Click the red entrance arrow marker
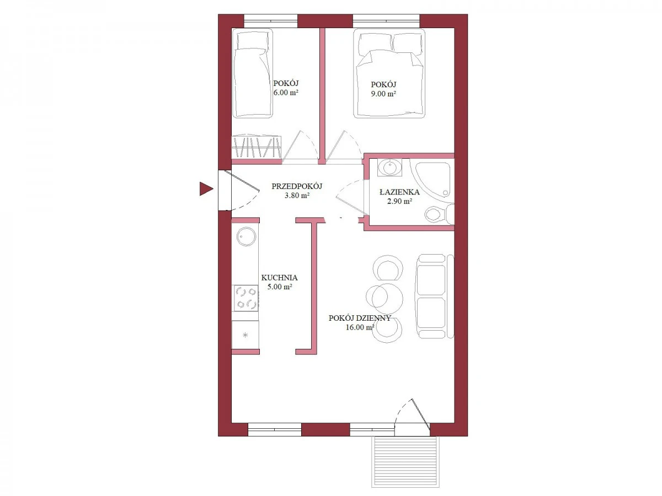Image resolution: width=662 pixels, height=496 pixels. [x=206, y=189]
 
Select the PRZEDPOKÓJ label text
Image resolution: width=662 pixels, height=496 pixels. [x=297, y=186]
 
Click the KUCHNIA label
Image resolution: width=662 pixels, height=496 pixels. [x=279, y=277]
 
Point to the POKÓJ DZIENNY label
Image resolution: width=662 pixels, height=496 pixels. [x=360, y=318]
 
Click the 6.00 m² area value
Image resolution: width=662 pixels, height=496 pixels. [x=286, y=93]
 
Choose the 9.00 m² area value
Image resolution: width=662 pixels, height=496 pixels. [x=383, y=94]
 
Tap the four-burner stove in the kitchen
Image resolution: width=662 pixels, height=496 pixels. [x=246, y=298]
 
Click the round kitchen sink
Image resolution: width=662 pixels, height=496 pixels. [x=246, y=236]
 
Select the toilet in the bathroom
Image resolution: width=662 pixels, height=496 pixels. [x=439, y=214]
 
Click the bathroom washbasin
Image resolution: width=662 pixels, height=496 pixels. [x=389, y=168]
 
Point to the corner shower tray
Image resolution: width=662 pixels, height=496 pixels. [x=431, y=180]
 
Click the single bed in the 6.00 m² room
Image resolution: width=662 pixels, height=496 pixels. [x=252, y=73]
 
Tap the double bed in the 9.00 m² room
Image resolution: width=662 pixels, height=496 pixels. [x=389, y=73]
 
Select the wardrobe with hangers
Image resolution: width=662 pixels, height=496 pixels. [x=257, y=147]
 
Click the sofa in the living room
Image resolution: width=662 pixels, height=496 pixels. [x=434, y=296]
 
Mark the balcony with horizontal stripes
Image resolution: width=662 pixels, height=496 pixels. [x=405, y=461]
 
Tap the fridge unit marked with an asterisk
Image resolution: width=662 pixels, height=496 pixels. [x=245, y=335]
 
